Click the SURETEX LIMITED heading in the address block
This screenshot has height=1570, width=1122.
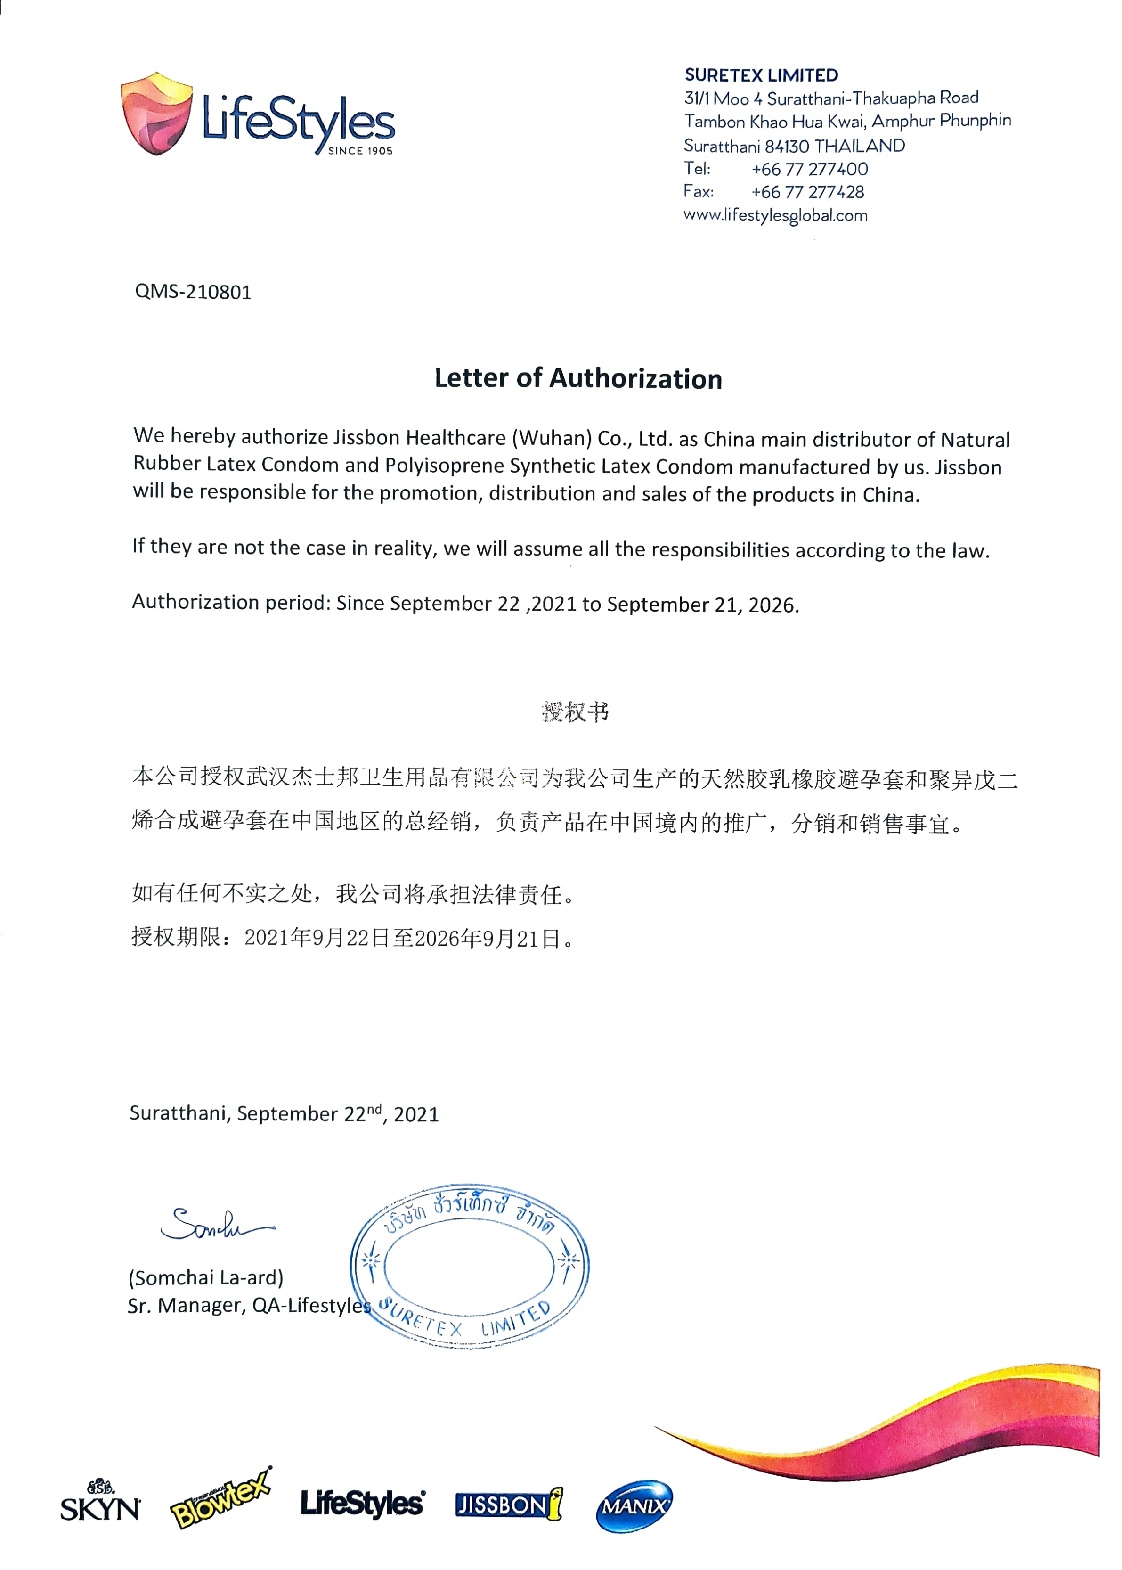point(761,75)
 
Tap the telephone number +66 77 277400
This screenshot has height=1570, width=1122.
point(809,169)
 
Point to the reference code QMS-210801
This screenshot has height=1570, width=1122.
point(193,292)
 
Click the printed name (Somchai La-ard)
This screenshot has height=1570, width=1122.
point(206,1277)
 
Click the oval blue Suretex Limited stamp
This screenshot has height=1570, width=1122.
point(469,1265)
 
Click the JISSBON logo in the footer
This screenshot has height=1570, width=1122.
point(509,1505)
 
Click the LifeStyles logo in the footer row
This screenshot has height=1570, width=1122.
point(363,1503)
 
